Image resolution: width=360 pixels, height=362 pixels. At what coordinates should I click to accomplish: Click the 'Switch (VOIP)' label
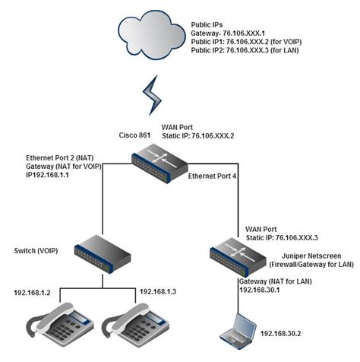(x=33, y=250)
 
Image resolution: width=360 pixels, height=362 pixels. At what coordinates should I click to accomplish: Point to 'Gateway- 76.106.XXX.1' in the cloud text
(x=228, y=35)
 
